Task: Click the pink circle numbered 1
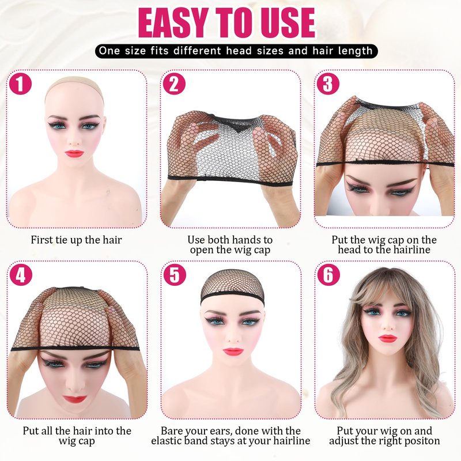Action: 20,84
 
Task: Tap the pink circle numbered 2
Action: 175,84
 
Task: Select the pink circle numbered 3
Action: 328,84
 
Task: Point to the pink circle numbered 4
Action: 20,275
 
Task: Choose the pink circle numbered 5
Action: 175,275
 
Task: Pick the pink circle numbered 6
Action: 328,275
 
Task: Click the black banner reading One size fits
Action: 236,51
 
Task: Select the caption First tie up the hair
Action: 76,240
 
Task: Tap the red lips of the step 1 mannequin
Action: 74,153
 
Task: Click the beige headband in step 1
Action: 74,85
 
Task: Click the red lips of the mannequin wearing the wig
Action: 387,339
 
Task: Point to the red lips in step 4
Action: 74,399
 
